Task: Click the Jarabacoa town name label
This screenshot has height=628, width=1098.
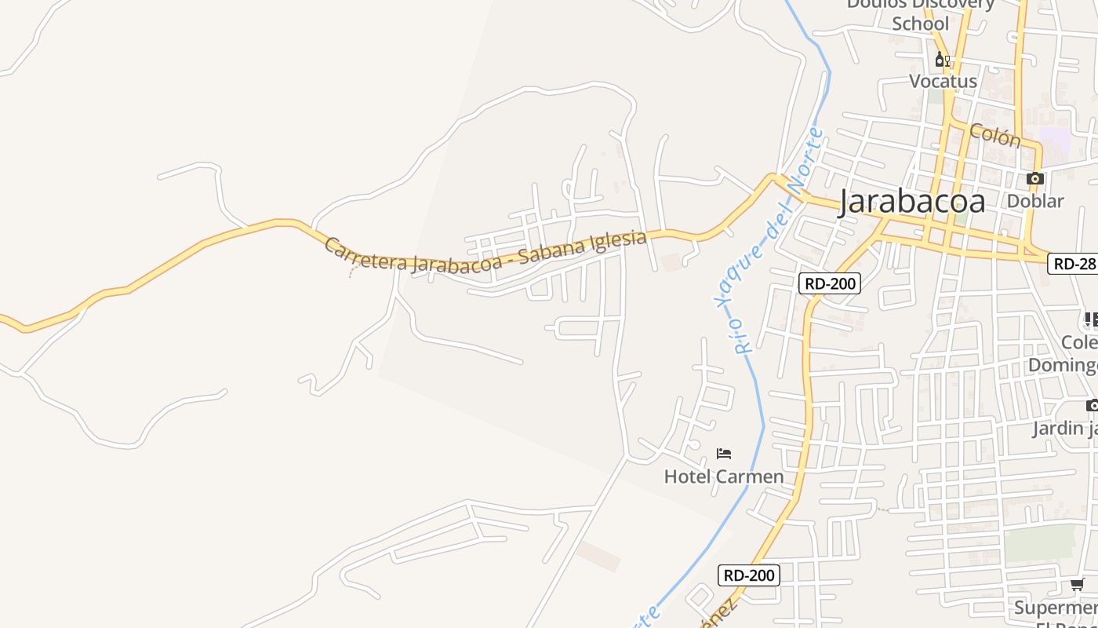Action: click(x=911, y=202)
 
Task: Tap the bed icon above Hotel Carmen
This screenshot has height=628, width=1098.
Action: click(x=724, y=454)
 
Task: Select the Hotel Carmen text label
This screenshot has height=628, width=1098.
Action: click(x=723, y=476)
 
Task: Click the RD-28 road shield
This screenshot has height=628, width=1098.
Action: click(x=1073, y=264)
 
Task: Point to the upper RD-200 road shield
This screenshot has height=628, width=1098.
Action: click(x=830, y=283)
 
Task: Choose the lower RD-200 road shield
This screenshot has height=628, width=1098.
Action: click(x=749, y=575)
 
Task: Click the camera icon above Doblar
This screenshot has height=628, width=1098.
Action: click(x=1035, y=179)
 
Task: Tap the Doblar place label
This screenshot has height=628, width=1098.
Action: click(x=1035, y=201)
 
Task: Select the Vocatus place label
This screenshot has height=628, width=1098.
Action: click(x=943, y=81)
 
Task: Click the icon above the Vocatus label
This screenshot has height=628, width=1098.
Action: click(x=942, y=60)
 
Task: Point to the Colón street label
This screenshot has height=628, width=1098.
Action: click(x=995, y=134)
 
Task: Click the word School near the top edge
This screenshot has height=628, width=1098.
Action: click(x=921, y=24)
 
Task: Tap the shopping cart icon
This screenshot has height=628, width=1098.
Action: click(x=1078, y=584)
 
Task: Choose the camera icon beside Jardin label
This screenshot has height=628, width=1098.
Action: click(x=1092, y=405)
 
